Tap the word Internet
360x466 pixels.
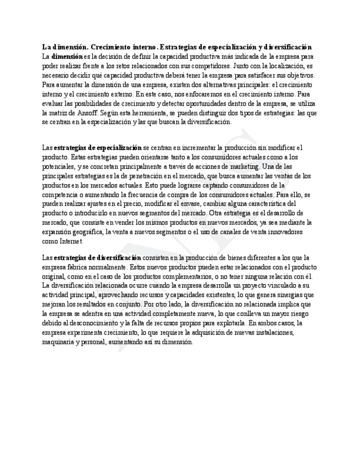[x=70, y=241]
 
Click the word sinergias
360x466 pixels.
[x=290, y=295]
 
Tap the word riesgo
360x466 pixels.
[x=290, y=313]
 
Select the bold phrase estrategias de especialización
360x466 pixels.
[x=98, y=147]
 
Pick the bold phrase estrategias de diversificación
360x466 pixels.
[x=97, y=257]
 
